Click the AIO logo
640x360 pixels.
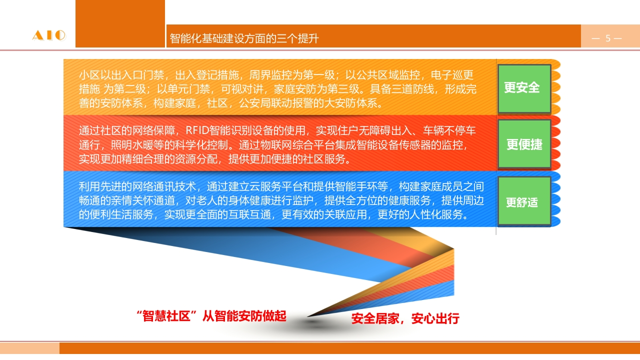(x=49, y=35)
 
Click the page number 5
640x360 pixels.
(x=608, y=38)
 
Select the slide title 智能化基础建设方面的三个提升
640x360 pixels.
(x=244, y=38)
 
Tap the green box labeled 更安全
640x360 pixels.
(x=524, y=89)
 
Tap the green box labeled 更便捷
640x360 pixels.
(x=524, y=144)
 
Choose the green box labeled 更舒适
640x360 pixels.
(x=524, y=201)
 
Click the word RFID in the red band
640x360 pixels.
(x=197, y=130)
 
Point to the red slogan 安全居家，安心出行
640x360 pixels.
(x=405, y=318)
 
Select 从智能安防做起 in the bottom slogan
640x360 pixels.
(x=244, y=316)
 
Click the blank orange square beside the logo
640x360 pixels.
(x=120, y=23)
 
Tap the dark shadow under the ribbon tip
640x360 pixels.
(x=313, y=323)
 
